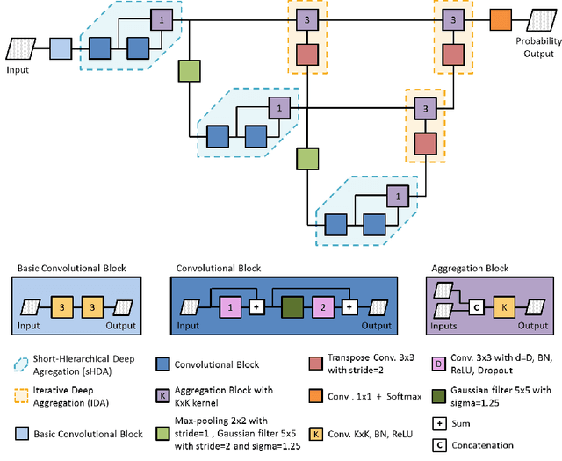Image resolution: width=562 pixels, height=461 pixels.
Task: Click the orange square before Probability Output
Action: [x=501, y=19]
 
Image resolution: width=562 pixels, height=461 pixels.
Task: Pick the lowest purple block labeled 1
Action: [x=397, y=197]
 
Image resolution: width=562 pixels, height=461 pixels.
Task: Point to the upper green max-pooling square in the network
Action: [x=191, y=70]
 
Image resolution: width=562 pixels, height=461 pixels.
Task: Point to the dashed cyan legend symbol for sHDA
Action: [x=25, y=364]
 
